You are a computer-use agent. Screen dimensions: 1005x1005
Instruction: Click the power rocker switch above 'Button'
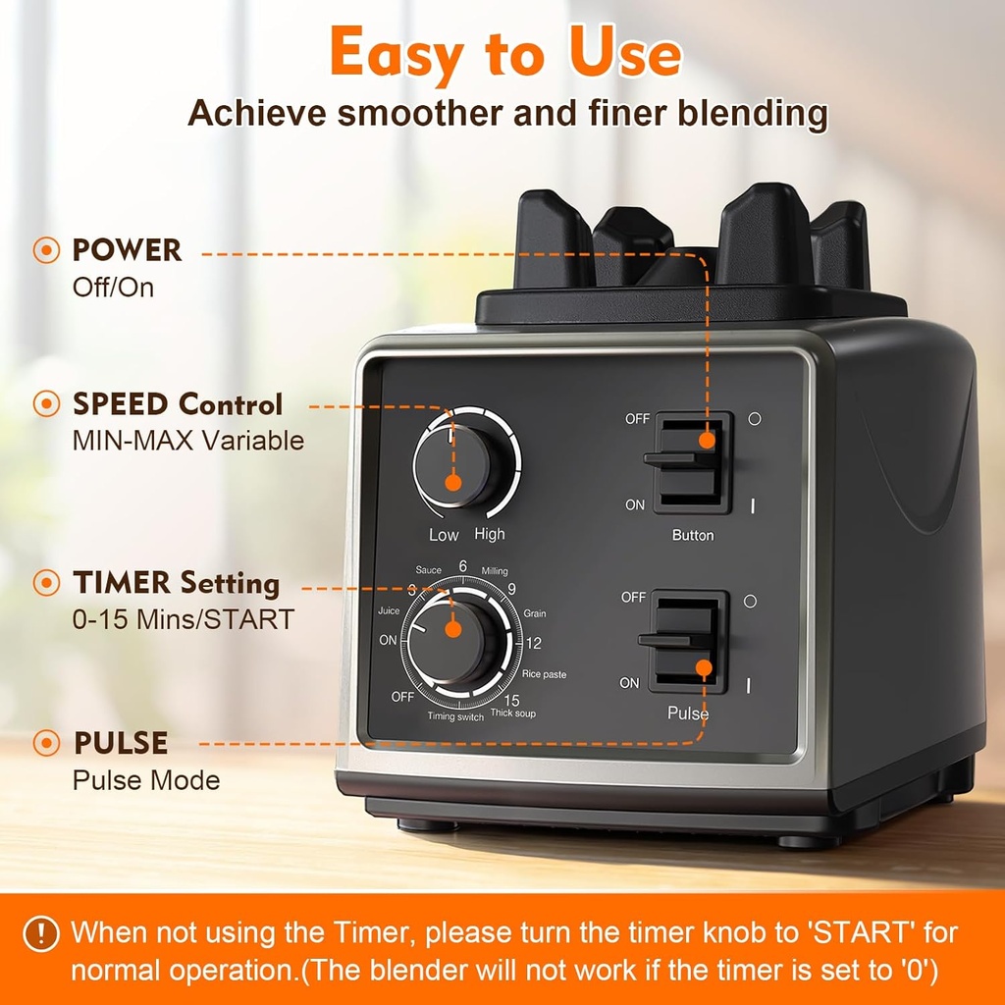coord(692,460)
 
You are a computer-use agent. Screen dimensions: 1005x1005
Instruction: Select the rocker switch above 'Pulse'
coord(689,641)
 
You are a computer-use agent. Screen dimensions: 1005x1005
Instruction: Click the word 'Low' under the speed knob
coord(444,535)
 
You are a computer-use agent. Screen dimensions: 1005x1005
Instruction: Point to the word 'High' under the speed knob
coord(490,535)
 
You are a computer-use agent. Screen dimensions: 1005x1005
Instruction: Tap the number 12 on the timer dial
coord(534,645)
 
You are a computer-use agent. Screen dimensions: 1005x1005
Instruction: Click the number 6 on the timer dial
coord(462,567)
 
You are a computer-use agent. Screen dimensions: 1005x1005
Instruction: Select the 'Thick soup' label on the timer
coord(514,714)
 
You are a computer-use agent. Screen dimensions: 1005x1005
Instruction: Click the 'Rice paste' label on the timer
coord(544,675)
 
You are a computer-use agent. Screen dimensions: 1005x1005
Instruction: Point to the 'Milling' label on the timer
coord(495,572)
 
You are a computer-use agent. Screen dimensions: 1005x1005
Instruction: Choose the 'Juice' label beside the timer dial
coord(388,610)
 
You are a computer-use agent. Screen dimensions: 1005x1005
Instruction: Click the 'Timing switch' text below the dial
coord(455,717)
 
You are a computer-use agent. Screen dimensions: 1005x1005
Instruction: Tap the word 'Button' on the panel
coord(693,536)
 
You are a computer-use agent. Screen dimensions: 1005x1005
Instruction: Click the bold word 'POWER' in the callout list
coord(128,250)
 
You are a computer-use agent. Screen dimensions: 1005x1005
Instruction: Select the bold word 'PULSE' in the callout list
coord(121,743)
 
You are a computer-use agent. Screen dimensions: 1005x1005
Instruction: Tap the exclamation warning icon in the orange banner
coord(40,932)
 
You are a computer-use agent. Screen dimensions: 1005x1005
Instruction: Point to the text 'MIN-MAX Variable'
coord(188,441)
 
